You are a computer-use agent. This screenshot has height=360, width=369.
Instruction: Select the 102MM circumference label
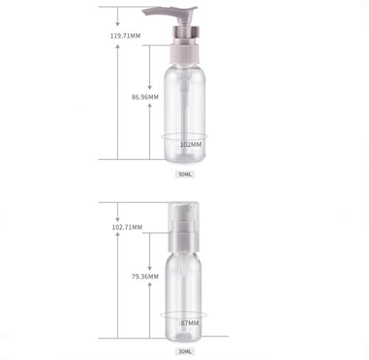point(190,145)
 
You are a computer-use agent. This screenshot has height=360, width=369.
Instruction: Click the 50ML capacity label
point(184,175)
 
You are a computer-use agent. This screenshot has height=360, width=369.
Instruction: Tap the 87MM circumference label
point(189,323)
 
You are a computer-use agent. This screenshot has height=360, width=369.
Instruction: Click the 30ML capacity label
point(184,350)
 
